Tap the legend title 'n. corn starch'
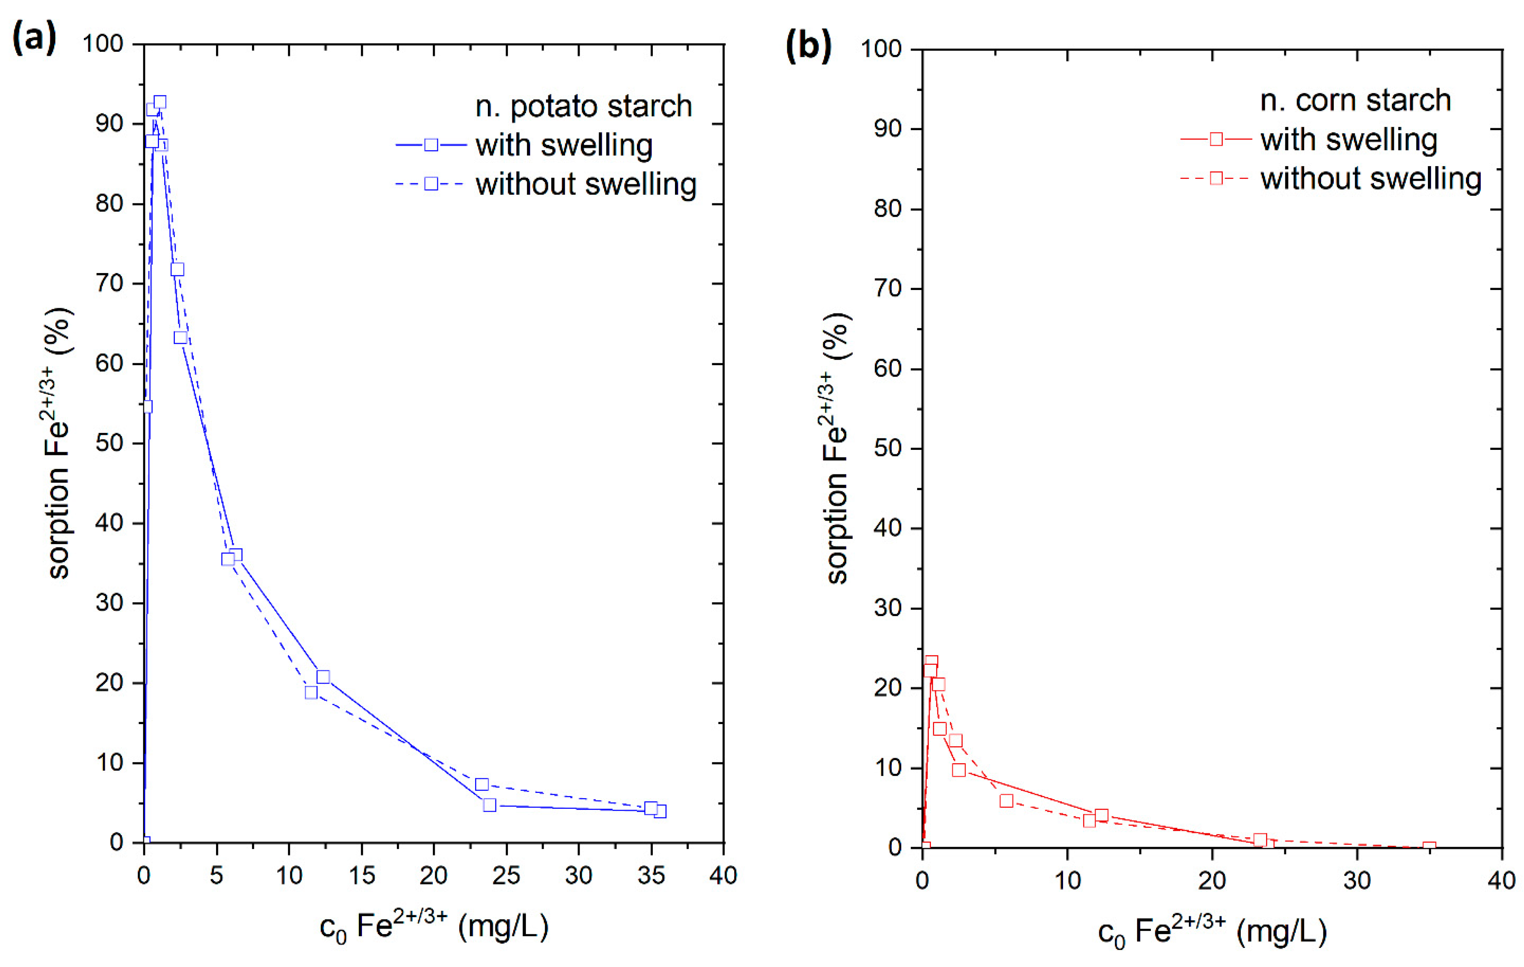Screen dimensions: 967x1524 1355,100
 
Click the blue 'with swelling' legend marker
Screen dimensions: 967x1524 431,145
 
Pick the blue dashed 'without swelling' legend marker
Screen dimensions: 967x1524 431,184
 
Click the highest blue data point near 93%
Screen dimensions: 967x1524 160,102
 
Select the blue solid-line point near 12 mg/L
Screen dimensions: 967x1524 323,677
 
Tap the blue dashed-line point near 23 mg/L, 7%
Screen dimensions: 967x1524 482,784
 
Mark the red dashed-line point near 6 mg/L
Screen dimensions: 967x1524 1006,800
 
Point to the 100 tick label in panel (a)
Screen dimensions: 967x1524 103,44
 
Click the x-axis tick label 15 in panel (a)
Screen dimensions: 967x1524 361,876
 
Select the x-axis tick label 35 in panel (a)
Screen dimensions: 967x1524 651,876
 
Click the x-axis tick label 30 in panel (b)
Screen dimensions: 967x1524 1357,881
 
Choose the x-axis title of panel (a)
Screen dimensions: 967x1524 434,927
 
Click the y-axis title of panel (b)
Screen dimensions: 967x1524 837,448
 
